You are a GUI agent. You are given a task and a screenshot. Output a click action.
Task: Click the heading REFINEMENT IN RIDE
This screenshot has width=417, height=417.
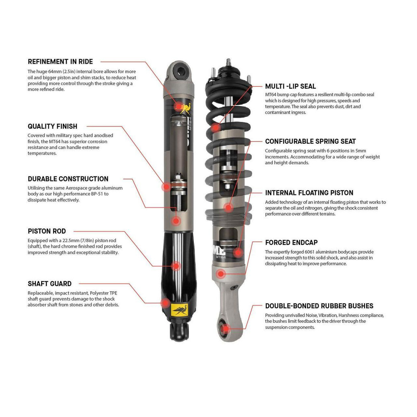60,62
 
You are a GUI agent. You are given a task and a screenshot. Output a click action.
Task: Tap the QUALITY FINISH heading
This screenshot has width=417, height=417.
52,126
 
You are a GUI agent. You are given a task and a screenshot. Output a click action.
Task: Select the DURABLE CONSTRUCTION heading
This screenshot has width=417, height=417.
68,179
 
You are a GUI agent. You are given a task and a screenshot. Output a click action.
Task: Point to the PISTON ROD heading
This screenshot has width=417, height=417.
47,231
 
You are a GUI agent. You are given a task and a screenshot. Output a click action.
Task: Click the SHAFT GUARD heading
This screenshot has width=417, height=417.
50,284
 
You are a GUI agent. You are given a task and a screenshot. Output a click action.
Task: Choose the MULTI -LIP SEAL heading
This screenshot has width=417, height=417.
290,86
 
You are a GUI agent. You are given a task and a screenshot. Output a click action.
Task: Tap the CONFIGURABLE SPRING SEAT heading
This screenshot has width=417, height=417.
310,141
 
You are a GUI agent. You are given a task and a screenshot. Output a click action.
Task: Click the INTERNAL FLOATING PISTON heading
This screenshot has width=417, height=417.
309,193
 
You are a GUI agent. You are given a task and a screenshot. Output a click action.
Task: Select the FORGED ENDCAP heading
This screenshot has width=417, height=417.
291,243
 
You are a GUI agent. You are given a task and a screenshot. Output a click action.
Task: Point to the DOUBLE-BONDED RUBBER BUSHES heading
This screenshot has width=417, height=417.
319,306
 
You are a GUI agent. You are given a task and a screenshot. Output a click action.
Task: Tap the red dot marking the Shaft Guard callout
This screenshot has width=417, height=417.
164,303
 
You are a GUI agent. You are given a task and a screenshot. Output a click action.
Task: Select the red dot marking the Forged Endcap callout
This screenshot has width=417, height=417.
221,274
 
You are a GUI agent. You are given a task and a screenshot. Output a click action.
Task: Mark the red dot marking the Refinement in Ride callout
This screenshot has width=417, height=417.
177,106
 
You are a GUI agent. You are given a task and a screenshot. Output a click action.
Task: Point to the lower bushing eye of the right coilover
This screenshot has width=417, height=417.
226,327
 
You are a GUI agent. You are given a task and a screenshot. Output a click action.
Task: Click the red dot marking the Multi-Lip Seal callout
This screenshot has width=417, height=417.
215,127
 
